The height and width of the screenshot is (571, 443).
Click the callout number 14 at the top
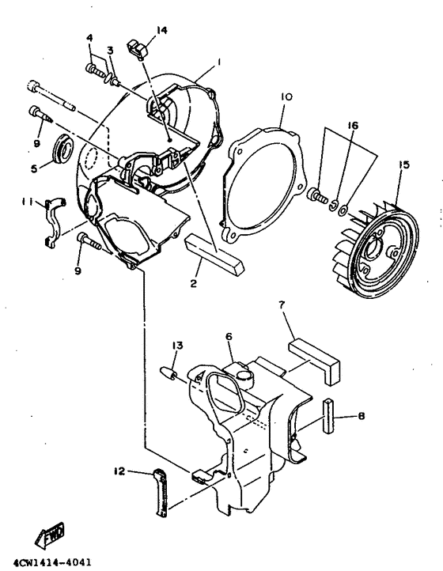pyautogui.click(x=161, y=30)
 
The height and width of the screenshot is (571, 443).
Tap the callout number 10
pyautogui.click(x=286, y=97)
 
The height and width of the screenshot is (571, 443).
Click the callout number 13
pyautogui.click(x=178, y=345)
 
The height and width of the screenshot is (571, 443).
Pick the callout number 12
pyautogui.click(x=119, y=471)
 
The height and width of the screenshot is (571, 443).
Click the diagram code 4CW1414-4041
pyautogui.click(x=47, y=563)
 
